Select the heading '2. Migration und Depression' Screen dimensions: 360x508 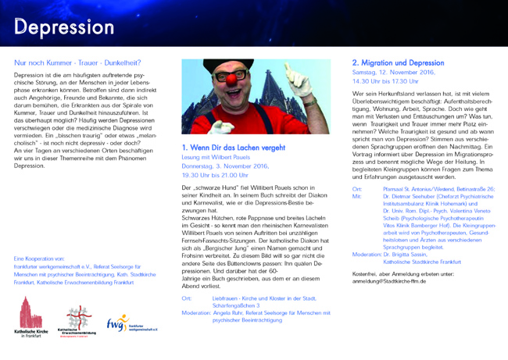[x=398, y=62]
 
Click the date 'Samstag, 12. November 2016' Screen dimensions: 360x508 [x=394, y=72]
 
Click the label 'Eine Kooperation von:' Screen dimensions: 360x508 [x=40, y=257]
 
